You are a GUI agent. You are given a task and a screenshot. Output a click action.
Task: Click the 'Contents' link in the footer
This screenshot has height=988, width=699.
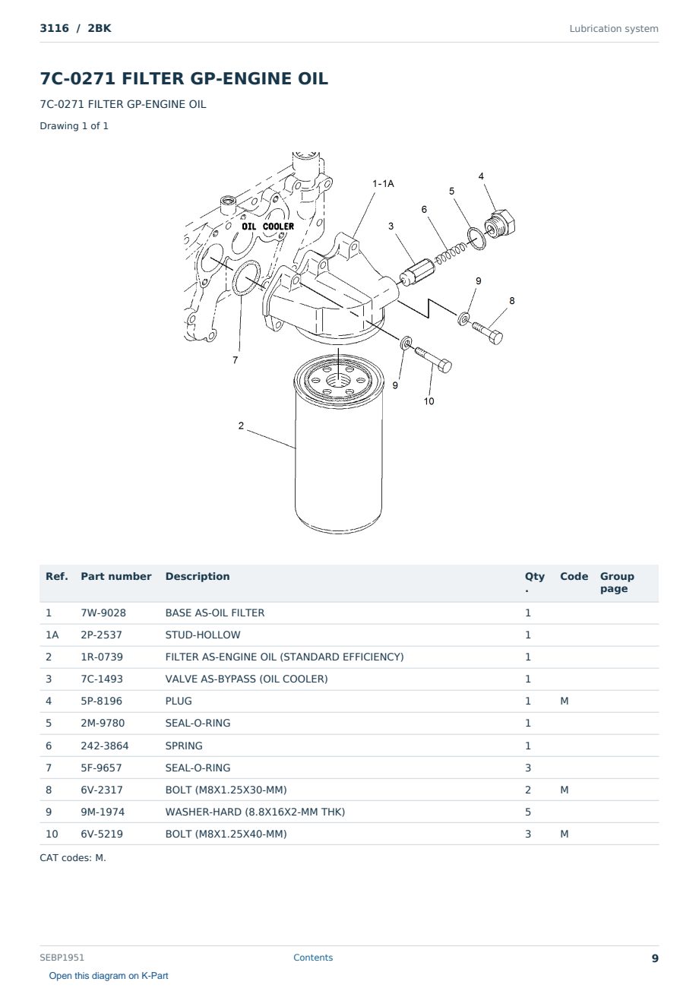(x=313, y=957)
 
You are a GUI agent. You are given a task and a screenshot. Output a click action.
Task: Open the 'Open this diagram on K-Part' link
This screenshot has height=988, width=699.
(x=109, y=975)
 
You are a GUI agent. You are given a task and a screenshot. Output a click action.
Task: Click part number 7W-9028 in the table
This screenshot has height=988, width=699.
(x=103, y=613)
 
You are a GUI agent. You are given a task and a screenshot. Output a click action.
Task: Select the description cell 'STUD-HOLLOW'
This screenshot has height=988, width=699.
(x=203, y=635)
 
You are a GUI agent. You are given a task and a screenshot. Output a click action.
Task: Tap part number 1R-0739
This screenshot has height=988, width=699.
(x=102, y=657)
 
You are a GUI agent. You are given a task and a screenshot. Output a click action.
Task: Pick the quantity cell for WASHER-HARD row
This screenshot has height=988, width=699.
(x=528, y=812)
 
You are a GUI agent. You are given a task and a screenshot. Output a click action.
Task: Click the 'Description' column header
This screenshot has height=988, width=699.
(x=198, y=576)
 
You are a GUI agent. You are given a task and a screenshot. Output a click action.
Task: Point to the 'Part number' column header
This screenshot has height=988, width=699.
(x=116, y=576)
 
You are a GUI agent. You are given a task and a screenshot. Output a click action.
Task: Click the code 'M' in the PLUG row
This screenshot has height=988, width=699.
(x=564, y=701)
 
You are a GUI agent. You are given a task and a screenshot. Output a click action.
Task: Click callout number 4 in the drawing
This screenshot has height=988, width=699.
(x=481, y=176)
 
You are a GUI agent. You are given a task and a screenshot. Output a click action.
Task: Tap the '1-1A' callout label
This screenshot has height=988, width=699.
(x=383, y=183)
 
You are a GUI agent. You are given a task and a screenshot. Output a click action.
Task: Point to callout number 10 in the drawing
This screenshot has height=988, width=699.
(x=429, y=401)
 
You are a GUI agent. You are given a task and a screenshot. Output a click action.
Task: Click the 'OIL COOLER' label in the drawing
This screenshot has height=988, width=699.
(x=267, y=226)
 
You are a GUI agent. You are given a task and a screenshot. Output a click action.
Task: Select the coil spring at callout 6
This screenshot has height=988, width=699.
(x=449, y=254)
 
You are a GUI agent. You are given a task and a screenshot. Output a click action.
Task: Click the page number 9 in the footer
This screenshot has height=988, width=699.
(x=655, y=958)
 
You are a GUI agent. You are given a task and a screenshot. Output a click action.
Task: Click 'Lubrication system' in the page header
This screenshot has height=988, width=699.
(x=613, y=29)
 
